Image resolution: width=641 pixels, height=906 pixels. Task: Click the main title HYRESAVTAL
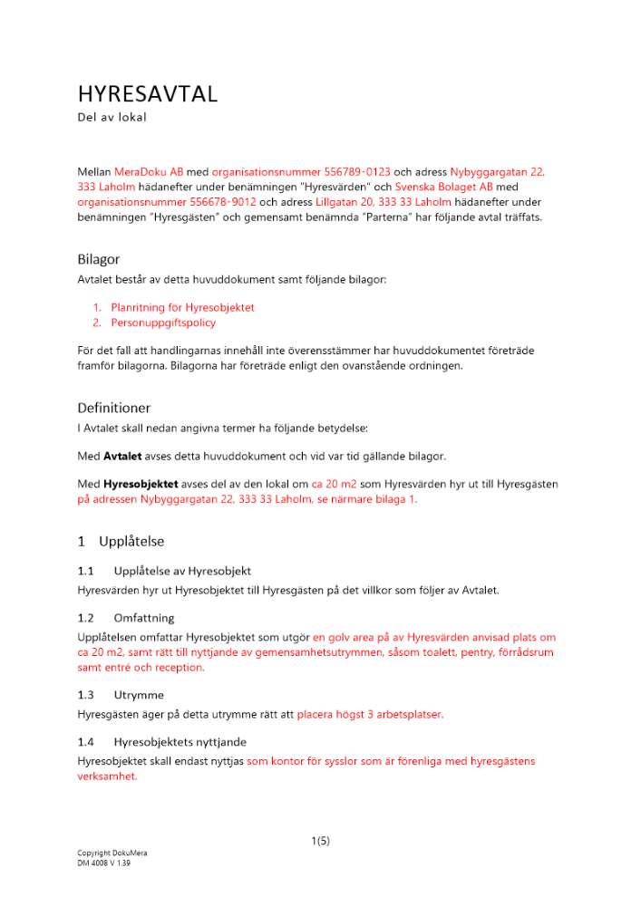(148, 94)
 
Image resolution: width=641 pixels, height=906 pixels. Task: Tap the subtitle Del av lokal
(112, 118)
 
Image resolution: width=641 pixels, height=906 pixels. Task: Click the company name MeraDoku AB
(149, 170)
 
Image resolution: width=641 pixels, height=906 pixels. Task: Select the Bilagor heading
(99, 259)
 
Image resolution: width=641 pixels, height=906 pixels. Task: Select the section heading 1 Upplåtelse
(121, 542)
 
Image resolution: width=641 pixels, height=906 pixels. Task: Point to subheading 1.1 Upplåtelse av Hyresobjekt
(164, 571)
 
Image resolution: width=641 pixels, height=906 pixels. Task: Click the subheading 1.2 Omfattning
(125, 618)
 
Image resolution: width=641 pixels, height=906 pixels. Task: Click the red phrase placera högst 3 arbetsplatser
(370, 714)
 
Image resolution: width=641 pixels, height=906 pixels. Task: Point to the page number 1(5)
(320, 841)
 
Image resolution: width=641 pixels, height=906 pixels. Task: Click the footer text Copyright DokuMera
(112, 853)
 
